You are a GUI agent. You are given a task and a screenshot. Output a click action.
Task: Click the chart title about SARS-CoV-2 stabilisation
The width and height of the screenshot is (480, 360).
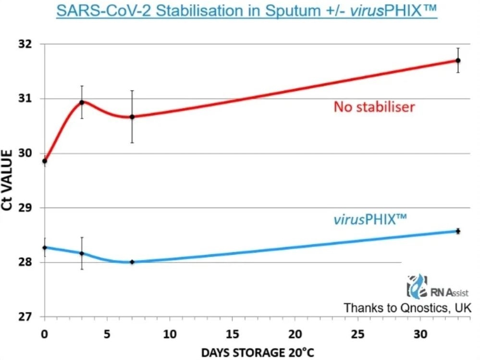[x=246, y=11]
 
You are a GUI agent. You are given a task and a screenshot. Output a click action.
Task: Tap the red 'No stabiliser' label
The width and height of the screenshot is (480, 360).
[x=374, y=107]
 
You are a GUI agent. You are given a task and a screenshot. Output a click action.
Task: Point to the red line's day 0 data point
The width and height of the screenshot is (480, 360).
[x=45, y=161]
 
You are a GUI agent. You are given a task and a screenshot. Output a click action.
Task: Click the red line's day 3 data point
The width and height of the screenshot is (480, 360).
[x=82, y=102]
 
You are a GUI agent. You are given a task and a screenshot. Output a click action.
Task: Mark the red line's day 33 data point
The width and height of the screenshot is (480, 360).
[x=458, y=61]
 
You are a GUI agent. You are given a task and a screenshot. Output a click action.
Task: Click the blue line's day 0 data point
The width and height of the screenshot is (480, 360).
[x=45, y=248]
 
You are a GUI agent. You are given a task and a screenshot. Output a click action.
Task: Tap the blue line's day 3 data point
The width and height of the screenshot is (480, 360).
[x=82, y=253]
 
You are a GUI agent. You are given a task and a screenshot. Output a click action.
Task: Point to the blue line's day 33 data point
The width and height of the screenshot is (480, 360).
[x=458, y=231]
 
